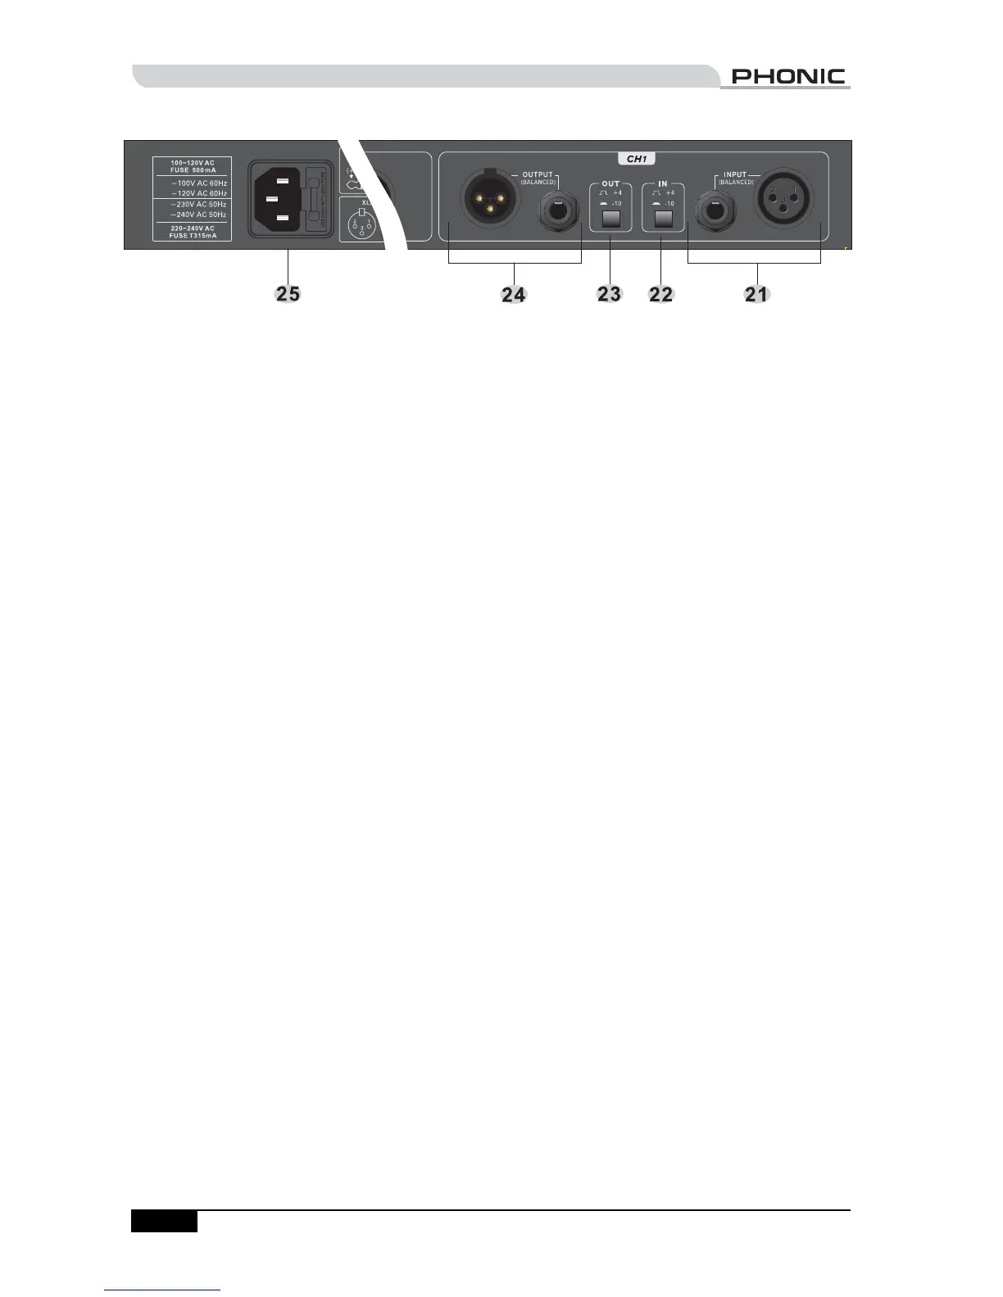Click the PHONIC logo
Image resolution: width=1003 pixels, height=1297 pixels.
coord(787,76)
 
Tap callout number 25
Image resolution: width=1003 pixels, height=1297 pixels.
coord(288,292)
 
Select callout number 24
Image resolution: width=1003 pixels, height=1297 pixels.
coord(514,294)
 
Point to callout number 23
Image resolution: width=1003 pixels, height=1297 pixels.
coord(609,293)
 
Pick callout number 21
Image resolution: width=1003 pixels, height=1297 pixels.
coord(756,293)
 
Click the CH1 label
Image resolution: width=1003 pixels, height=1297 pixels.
coord(636,159)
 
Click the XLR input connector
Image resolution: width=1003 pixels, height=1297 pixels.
coord(784,199)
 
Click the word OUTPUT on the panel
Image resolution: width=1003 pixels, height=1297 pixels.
coord(538,174)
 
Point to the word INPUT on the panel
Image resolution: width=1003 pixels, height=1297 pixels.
coord(735,174)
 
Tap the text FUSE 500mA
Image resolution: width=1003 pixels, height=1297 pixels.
coord(193,170)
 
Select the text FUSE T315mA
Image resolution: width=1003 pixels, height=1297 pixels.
coord(193,235)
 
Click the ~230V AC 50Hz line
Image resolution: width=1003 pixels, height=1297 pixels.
coord(198,204)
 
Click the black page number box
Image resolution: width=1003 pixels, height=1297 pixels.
coord(164,1221)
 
